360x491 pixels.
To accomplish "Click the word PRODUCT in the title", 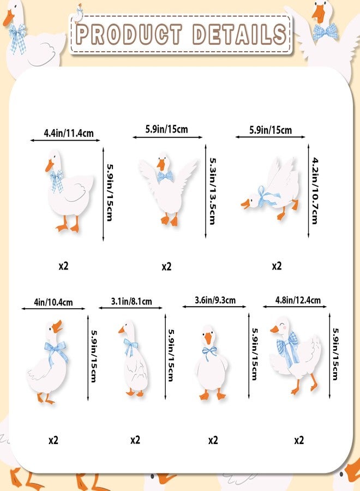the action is coord(129,34).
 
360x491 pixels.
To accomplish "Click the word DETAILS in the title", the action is coord(239,34).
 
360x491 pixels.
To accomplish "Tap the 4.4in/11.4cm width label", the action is coord(69,133).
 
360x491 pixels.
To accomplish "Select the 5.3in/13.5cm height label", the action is coord(213,191).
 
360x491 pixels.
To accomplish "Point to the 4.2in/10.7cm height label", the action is coord(315,191).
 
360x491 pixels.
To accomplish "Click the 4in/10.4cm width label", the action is coord(53,302).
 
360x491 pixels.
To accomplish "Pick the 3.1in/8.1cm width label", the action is coord(131,301).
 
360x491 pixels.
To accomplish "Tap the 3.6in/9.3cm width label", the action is coord(215,300).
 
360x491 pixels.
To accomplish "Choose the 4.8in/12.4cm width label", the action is coord(298,300).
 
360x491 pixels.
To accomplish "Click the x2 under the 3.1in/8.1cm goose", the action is coord(135,440).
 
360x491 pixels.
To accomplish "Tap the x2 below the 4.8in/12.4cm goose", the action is coord(299,440).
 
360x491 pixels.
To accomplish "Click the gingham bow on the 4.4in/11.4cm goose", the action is coord(57,181).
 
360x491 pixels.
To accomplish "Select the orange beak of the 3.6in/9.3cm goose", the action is coord(208,339).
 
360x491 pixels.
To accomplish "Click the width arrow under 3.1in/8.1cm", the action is coord(130,308).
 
